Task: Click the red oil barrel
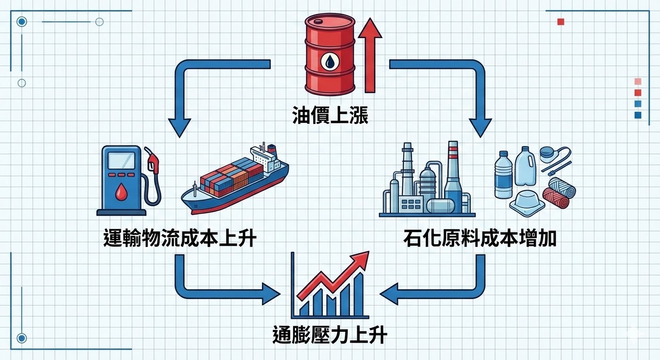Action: click(x=330, y=54)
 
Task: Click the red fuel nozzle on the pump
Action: click(x=153, y=162)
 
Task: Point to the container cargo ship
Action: click(x=234, y=183)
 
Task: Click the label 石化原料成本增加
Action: click(x=480, y=239)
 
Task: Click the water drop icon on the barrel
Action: click(x=330, y=60)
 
